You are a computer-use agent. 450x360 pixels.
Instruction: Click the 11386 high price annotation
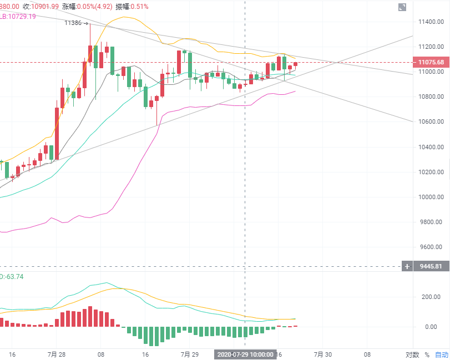74,23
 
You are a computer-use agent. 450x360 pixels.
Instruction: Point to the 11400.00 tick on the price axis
431,22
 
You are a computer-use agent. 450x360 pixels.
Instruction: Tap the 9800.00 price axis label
431,222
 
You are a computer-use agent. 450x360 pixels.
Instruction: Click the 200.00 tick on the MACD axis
431,297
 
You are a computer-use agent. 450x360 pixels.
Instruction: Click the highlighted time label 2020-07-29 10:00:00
245,354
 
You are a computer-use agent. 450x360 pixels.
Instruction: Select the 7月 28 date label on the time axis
57,354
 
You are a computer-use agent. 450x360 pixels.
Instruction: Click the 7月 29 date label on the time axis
190,354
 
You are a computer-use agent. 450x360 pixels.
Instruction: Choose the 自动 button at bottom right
441,354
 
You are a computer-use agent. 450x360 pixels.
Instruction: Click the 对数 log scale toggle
412,354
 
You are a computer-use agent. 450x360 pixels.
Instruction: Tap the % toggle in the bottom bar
427,354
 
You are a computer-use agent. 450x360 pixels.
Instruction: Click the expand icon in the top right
402,7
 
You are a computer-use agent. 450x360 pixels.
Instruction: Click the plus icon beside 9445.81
407,266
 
